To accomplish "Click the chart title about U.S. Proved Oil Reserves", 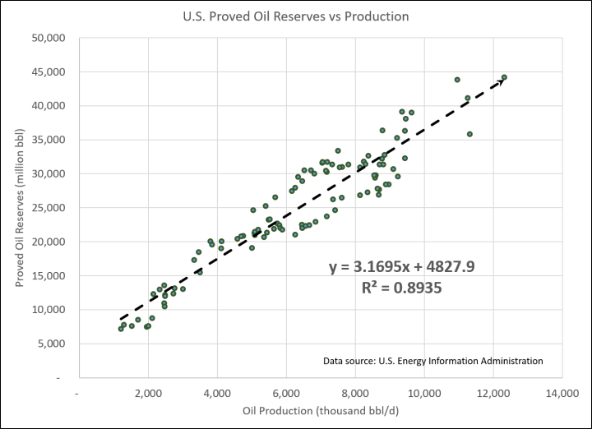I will (x=295, y=16).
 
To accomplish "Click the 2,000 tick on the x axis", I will (x=148, y=393).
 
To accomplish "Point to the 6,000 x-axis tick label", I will (x=286, y=393).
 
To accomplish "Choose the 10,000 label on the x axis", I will (x=423, y=393).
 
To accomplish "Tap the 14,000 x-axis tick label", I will (x=562, y=393).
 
